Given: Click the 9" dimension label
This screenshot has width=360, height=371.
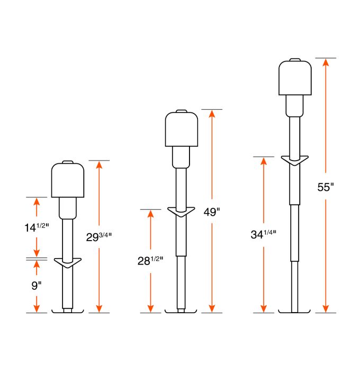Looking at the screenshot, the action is [37, 286].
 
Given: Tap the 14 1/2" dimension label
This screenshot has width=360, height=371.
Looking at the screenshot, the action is [37, 227].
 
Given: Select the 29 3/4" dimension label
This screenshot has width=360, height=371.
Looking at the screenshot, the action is [99, 237].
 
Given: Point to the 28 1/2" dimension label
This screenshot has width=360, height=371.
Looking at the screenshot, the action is [150, 261].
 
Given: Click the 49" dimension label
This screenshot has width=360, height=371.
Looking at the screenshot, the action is [212, 212].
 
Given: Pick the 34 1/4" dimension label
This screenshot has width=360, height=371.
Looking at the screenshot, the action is [264, 234].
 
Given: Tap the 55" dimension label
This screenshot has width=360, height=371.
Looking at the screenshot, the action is [326, 187].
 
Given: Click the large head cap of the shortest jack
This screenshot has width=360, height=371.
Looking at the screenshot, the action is [68, 180].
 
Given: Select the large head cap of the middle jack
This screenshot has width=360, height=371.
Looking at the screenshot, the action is [181, 129].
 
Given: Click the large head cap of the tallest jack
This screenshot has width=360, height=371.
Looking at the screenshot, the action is [295, 78].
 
